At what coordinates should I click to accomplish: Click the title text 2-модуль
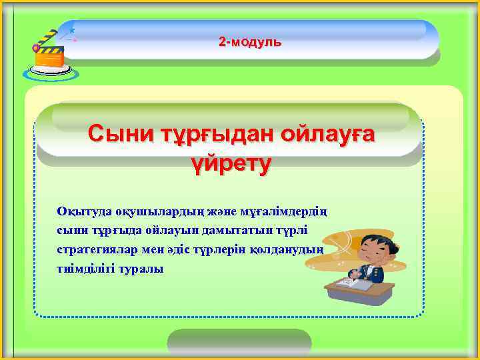click(x=250, y=42)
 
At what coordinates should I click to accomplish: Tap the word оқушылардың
click(x=161, y=211)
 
